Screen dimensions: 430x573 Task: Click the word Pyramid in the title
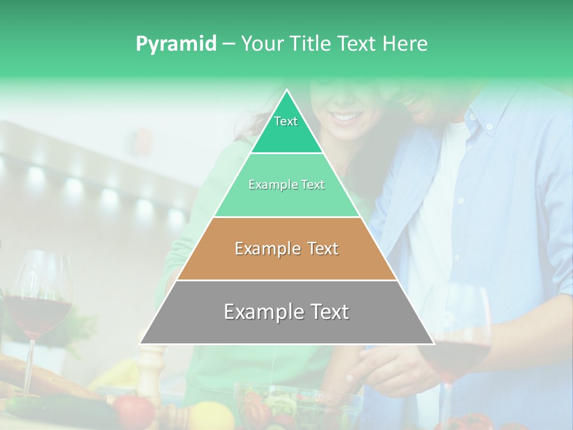[x=175, y=44]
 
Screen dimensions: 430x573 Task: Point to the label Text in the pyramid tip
[x=286, y=121]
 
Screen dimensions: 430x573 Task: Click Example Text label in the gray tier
[x=286, y=312]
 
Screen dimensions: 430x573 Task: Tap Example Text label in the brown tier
[x=286, y=248]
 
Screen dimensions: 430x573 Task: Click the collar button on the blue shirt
[x=489, y=126]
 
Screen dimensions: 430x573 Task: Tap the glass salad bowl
[x=298, y=406]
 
